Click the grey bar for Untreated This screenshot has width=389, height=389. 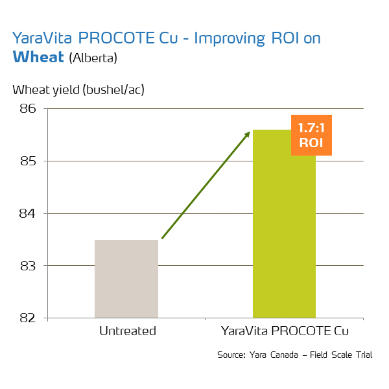[x=126, y=279]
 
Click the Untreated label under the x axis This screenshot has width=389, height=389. [x=128, y=331]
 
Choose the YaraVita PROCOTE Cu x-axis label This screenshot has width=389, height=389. [x=285, y=331]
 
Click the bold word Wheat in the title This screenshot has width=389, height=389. [x=38, y=56]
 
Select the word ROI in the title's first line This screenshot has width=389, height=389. [x=283, y=39]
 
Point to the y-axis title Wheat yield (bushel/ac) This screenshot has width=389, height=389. [x=78, y=89]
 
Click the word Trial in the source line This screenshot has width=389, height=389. [x=363, y=355]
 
